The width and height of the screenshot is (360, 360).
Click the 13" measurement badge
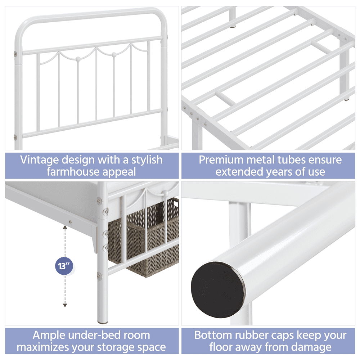tap(64, 266)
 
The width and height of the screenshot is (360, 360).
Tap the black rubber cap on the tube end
tap(218, 290)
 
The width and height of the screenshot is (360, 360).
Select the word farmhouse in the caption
tap(73, 172)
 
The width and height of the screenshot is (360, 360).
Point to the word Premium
tap(221, 160)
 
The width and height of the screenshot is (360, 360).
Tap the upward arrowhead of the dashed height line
tap(65, 227)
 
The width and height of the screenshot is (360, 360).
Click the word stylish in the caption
tap(147, 160)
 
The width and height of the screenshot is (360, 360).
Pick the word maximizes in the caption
tap(45, 347)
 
